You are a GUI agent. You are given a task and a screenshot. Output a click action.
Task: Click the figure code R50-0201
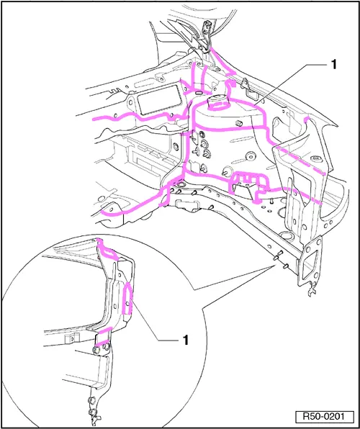pos(324,417)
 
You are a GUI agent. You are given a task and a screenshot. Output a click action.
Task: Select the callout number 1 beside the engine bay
pos(333,65)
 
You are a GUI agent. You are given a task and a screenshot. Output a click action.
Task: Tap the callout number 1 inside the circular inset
pos(185,340)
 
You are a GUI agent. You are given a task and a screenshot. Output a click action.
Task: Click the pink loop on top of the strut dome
pos(217,107)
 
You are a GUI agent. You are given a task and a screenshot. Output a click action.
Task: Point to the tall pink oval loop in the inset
pos(128,299)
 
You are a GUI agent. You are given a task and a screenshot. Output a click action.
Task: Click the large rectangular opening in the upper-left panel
pos(158,99)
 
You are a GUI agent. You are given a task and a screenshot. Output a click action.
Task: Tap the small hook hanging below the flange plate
pos(312,291)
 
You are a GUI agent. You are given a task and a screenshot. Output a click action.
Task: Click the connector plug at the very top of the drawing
pos(207,27)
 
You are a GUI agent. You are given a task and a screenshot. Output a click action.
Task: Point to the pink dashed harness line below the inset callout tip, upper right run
pos(301,161)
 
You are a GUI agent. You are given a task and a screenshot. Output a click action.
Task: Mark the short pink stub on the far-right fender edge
pos(307,119)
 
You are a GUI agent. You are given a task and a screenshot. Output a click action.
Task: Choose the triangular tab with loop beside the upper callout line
pos(248,88)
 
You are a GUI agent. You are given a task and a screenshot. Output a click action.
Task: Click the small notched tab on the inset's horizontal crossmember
pos(72,338)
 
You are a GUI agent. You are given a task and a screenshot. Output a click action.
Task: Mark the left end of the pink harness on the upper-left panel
pos(94,119)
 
